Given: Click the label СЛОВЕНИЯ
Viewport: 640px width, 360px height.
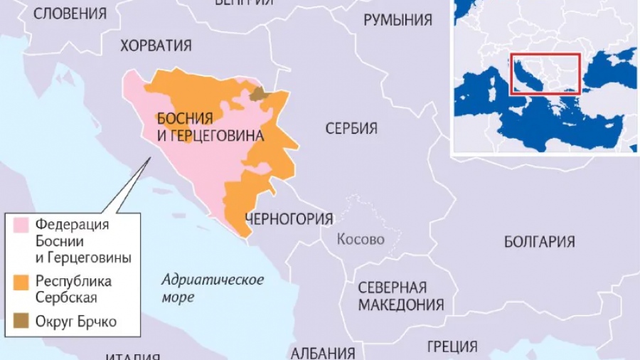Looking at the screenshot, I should pyautogui.click(x=70, y=13).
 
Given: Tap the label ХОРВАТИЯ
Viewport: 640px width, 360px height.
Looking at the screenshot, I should pyautogui.click(x=156, y=46).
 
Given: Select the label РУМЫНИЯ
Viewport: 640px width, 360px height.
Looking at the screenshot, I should pyautogui.click(x=398, y=20).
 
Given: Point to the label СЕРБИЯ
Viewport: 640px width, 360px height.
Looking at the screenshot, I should pyautogui.click(x=351, y=129).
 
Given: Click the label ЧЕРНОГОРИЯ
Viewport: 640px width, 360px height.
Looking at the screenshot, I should pyautogui.click(x=288, y=218).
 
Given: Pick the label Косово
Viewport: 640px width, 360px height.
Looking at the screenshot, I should pyautogui.click(x=361, y=239).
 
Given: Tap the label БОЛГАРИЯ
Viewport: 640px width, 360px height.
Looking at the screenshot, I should pyautogui.click(x=539, y=242).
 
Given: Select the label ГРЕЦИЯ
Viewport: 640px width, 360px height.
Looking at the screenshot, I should pyautogui.click(x=452, y=346).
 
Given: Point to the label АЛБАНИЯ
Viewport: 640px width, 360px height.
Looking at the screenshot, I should pyautogui.click(x=323, y=353).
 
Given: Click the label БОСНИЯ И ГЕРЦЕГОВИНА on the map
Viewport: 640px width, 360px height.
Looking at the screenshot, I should pyautogui.click(x=209, y=127).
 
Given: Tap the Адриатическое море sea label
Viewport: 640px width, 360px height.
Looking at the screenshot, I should pyautogui.click(x=212, y=287).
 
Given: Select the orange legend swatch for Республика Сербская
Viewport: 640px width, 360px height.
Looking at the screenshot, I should pyautogui.click(x=22, y=282).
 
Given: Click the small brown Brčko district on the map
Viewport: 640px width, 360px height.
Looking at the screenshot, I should pyautogui.click(x=258, y=93).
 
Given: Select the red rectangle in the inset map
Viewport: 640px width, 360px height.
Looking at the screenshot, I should pyautogui.click(x=545, y=73).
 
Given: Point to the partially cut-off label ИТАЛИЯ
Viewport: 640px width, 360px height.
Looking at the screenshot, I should pyautogui.click(x=132, y=355).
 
